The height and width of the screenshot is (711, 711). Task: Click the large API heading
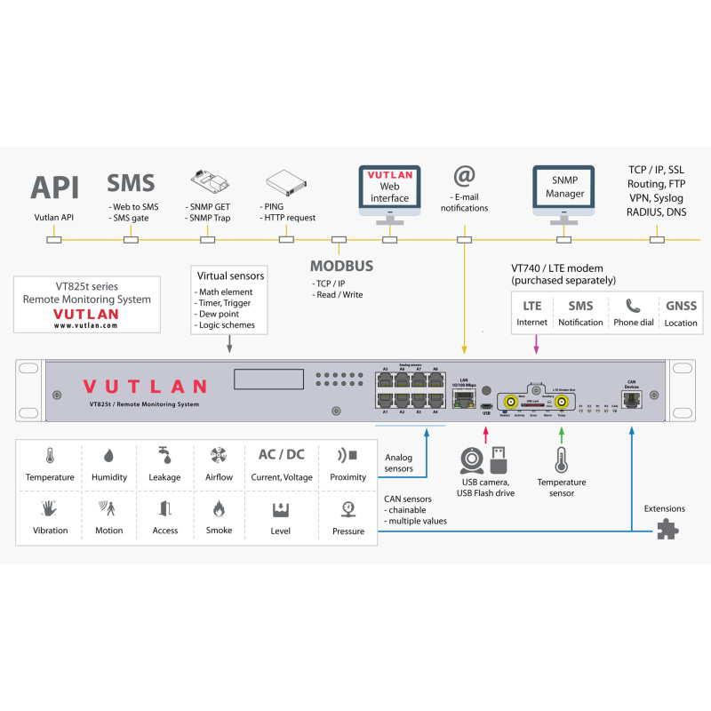coord(55,188)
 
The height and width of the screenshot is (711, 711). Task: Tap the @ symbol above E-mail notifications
coord(464,176)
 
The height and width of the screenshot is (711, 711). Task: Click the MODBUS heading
coord(341,266)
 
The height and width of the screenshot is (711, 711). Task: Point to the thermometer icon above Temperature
coord(50,455)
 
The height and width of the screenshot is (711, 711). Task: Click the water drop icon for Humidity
coord(109,455)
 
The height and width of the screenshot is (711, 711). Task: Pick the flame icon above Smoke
coord(218,508)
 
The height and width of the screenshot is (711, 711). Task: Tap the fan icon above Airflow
coord(218,455)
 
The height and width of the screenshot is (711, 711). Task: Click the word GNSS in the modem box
coord(681,306)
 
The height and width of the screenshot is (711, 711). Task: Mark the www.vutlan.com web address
coord(85,326)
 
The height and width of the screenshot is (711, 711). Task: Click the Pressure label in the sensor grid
coord(348,531)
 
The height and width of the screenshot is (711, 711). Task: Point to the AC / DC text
coord(281,454)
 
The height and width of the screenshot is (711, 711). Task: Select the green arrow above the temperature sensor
coord(561,435)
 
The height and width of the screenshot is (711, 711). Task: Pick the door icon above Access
coord(164,508)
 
